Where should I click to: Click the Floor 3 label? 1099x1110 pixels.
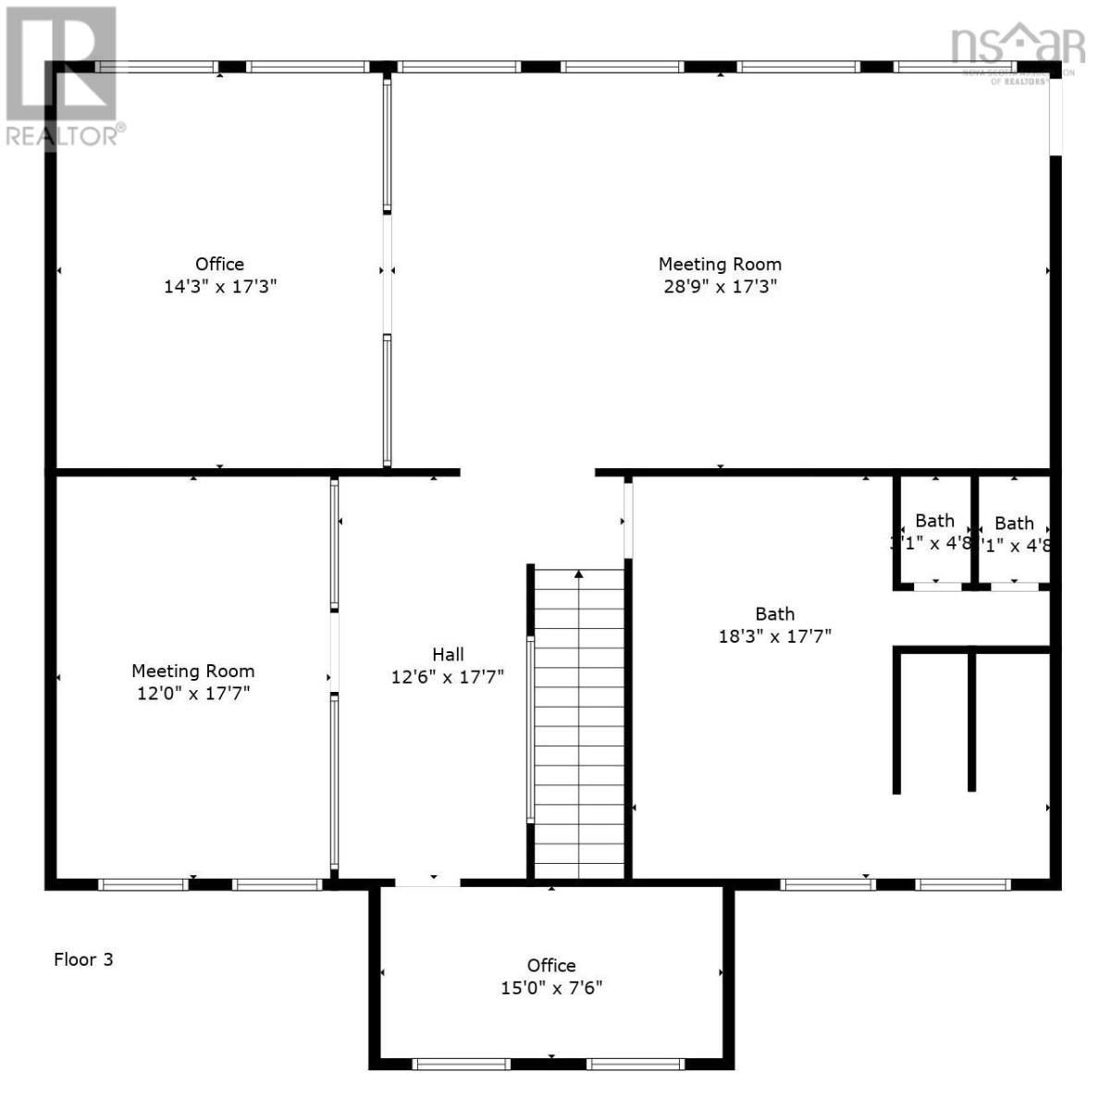(x=83, y=959)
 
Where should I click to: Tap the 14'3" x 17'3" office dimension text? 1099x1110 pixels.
(x=220, y=287)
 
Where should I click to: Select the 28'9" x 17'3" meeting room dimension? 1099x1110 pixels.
(x=720, y=287)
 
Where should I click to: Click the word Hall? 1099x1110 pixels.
(x=448, y=655)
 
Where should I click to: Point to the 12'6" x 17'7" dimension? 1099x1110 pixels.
(x=448, y=677)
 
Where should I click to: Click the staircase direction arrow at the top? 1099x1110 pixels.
(x=579, y=574)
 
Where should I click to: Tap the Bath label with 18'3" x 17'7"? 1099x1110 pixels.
(x=774, y=614)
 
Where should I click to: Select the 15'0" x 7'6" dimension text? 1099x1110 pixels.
(x=551, y=988)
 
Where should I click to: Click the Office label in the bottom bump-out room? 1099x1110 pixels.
(x=551, y=966)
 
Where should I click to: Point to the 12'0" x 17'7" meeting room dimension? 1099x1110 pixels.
(x=192, y=694)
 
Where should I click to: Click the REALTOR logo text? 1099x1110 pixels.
(x=63, y=135)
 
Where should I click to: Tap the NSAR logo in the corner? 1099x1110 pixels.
(x=1017, y=46)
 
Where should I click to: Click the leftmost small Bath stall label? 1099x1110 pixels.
(x=934, y=522)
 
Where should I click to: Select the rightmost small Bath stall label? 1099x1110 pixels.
(x=1014, y=524)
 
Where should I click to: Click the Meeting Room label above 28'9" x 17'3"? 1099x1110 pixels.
(x=720, y=265)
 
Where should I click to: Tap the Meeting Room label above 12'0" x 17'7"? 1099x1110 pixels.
(x=192, y=672)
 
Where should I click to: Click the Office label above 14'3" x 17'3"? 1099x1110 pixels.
(x=220, y=265)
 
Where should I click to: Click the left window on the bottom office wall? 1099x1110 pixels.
(x=460, y=1064)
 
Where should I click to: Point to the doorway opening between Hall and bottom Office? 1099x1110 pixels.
(x=427, y=883)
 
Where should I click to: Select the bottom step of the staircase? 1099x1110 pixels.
(x=579, y=869)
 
